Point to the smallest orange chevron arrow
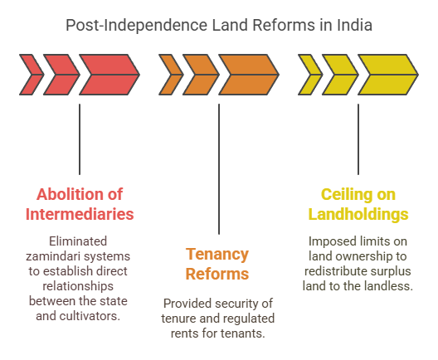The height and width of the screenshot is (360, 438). pos(170,74)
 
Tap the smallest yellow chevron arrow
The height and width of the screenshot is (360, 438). pos(309,74)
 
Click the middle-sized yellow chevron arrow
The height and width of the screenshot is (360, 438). pos(339,74)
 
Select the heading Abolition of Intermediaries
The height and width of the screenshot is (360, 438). pos(80,204)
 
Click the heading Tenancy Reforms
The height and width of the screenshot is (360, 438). pos(219,263)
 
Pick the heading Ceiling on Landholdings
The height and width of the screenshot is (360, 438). pos(358,204)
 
